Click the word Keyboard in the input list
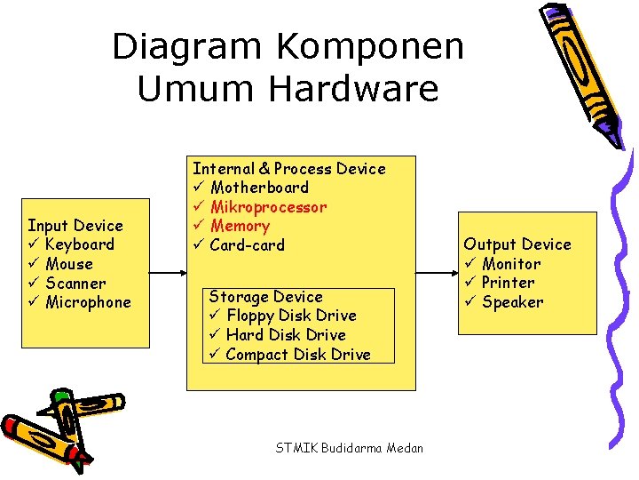click(x=79, y=244)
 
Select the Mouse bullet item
click(x=69, y=264)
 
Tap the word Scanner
click(x=75, y=284)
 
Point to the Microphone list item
click(x=88, y=302)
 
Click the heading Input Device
click(x=75, y=226)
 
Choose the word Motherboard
click(x=259, y=188)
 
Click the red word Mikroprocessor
click(x=268, y=207)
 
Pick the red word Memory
click(x=240, y=226)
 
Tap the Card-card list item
click(x=247, y=245)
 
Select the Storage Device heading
click(x=265, y=296)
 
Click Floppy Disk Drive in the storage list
click(x=291, y=316)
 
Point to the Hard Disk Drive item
click(x=286, y=335)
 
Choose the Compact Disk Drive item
click(x=298, y=355)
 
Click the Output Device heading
click(x=517, y=244)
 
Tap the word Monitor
click(x=511, y=264)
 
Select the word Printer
click(x=508, y=283)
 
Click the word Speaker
click(x=512, y=302)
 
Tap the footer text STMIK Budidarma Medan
click(x=350, y=448)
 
